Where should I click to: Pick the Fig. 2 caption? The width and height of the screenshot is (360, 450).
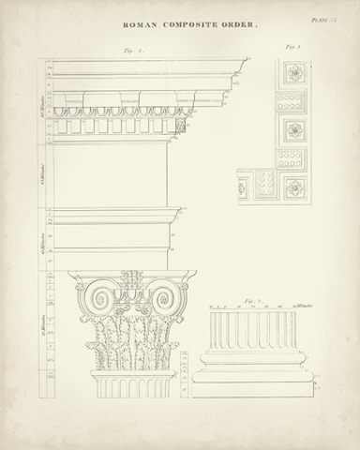point(248,299)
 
